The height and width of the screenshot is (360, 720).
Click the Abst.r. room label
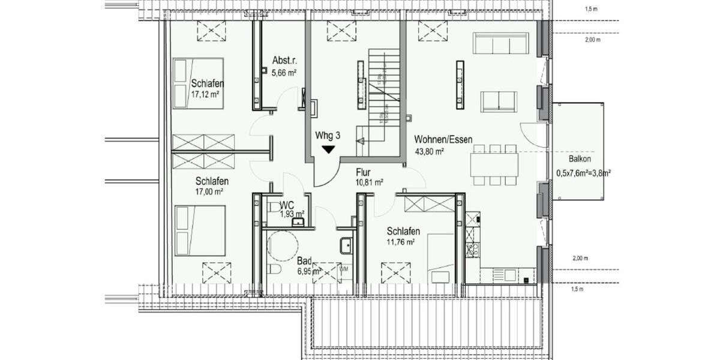click(x=283, y=61)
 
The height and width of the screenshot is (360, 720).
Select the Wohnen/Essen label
click(x=443, y=140)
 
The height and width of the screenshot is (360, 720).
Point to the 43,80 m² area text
click(x=429, y=151)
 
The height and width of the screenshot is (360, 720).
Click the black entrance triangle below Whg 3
click(x=328, y=149)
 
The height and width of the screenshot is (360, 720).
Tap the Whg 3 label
click(x=328, y=136)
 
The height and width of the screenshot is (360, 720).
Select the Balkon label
click(x=580, y=160)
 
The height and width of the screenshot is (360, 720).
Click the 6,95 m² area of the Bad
click(x=310, y=272)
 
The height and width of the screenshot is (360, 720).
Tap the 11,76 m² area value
click(x=401, y=242)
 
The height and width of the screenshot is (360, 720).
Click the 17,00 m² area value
click(x=209, y=192)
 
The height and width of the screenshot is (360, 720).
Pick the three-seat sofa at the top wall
click(x=500, y=43)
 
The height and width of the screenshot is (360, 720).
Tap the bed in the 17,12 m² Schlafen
click(x=199, y=82)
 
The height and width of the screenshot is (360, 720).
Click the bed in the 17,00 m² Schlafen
click(x=200, y=230)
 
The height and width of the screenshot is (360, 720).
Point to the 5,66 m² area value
click(x=284, y=73)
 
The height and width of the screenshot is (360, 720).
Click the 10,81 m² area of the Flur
click(x=370, y=182)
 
